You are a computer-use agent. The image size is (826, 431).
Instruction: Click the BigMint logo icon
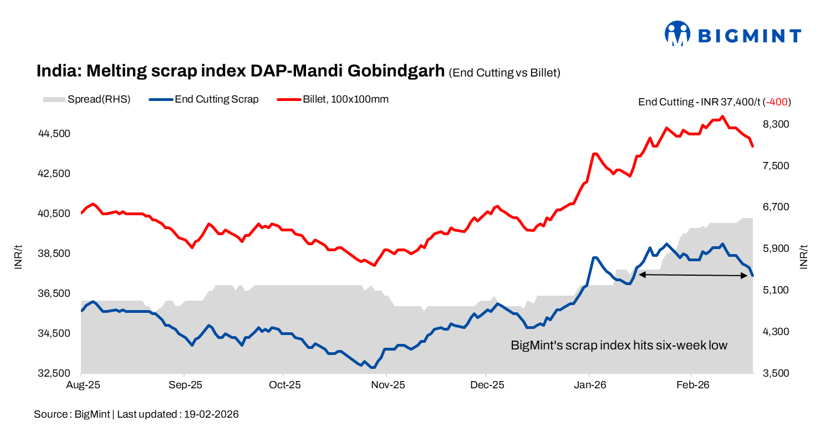click(x=677, y=34)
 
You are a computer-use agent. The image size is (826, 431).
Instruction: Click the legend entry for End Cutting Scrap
click(x=216, y=100)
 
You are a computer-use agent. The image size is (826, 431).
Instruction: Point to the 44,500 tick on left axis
click(x=54, y=134)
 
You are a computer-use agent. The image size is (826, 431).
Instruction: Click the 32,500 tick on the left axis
click(x=54, y=373)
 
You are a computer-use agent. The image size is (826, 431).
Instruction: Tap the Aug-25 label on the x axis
click(x=82, y=384)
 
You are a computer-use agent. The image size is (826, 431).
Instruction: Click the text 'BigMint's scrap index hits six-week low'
click(x=619, y=346)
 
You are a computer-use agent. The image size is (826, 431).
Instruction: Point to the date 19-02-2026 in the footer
click(x=212, y=414)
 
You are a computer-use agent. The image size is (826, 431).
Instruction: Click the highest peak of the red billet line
click(x=722, y=116)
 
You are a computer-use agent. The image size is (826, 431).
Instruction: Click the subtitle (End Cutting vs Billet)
click(x=504, y=73)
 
